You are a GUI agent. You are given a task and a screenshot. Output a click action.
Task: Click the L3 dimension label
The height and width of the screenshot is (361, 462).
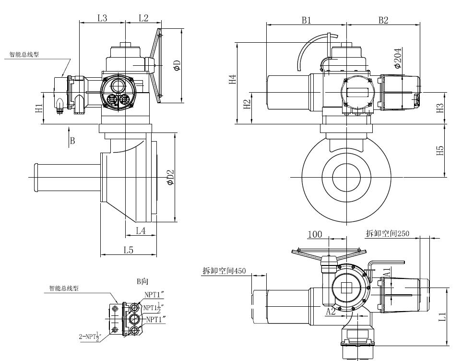pyautogui.click(x=102, y=18)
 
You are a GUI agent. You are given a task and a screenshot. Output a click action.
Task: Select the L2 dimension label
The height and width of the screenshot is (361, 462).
pyautogui.click(x=143, y=18)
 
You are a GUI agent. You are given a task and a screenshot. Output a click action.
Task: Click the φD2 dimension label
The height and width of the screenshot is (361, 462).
pyautogui.click(x=170, y=179)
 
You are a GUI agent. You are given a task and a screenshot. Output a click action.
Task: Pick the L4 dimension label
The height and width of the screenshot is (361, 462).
pyautogui.click(x=141, y=231)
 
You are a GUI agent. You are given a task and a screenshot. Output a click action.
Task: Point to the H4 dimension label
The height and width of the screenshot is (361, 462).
pyautogui.click(x=232, y=80)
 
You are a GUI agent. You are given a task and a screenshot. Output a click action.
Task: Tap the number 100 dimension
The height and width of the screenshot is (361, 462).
pyautogui.click(x=315, y=234)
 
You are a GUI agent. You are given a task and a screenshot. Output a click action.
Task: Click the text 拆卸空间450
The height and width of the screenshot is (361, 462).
pyautogui.click(x=224, y=271)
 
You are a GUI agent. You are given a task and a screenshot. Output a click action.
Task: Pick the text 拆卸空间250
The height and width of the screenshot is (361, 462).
pyautogui.click(x=388, y=233)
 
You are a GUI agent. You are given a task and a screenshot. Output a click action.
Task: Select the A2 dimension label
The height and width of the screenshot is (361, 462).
pyautogui.click(x=331, y=311)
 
